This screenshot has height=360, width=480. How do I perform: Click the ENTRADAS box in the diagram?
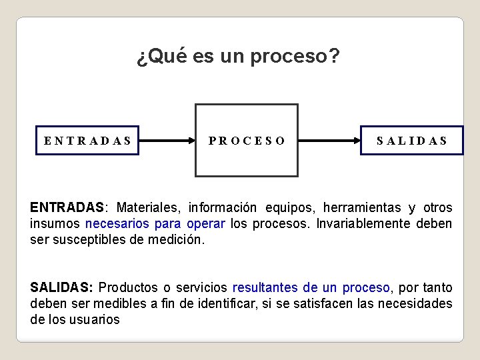(x=87, y=141)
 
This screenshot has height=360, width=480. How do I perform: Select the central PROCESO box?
(x=246, y=141)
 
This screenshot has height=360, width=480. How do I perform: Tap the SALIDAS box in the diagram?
(x=411, y=141)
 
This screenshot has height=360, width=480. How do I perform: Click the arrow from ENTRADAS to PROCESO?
(x=167, y=141)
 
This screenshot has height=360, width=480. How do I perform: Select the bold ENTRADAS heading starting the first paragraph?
(x=67, y=207)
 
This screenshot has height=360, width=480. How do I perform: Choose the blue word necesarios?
(x=117, y=223)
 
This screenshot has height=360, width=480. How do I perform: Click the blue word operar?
(x=206, y=223)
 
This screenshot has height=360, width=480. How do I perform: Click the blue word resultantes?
(x=265, y=287)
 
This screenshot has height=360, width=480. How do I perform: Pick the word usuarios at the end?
(x=97, y=319)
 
